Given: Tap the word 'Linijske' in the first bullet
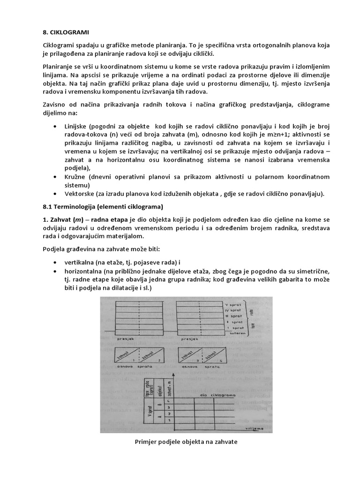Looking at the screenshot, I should click(79, 127).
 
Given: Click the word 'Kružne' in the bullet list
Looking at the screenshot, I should click(78, 176).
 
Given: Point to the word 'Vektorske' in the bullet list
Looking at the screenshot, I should click(81, 194).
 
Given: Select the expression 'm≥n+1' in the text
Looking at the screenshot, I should click(269, 135).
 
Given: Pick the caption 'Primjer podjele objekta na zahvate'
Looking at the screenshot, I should click(180, 441).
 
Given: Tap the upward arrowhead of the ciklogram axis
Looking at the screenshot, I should click(174, 375).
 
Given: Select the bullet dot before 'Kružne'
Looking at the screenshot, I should click(57, 177).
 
